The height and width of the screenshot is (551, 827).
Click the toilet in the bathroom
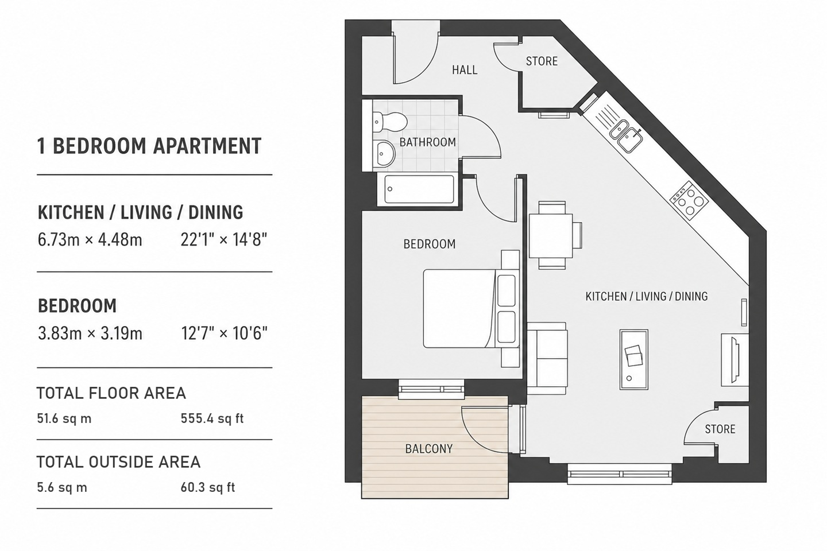[x=389, y=122]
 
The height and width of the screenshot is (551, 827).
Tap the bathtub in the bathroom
[x=419, y=189]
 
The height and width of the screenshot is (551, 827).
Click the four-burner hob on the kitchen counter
[x=689, y=201]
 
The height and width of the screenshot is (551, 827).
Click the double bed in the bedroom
[x=471, y=309]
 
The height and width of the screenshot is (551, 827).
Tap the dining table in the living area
[x=551, y=235]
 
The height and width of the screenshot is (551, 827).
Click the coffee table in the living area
[x=633, y=359]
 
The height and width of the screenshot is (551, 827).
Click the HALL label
[x=465, y=70]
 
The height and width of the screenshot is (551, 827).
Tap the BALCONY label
[x=428, y=449]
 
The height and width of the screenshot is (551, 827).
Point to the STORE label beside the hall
[x=542, y=61]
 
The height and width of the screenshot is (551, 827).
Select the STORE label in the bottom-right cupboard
[x=720, y=429]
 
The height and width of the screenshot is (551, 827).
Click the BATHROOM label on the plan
[x=427, y=142]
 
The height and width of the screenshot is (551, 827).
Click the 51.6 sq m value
[x=64, y=419]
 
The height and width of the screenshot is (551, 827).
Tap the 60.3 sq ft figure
[x=208, y=487]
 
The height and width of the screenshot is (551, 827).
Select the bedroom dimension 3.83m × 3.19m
[x=90, y=333]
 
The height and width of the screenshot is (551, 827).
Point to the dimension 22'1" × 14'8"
[x=224, y=240]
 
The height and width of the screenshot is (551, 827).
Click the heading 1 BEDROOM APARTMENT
[x=149, y=146]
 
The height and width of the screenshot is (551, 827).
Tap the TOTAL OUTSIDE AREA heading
[x=118, y=462]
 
